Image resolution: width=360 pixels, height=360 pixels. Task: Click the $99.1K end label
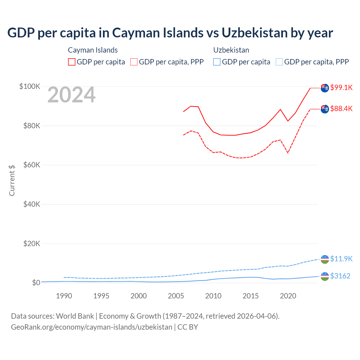coord(341,87)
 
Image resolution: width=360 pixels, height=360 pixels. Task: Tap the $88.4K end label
coord(341,109)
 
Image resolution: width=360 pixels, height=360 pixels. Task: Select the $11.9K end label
coord(341,259)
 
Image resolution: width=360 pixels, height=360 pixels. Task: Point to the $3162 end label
coord(340,276)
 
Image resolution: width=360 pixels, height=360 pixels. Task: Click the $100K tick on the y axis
coord(30,86)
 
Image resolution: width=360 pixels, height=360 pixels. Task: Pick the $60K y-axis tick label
coord(32,165)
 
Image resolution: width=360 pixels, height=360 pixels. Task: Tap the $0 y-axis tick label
coord(36,283)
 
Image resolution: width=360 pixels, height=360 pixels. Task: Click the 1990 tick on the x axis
coord(64,296)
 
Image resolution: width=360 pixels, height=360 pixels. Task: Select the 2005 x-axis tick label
coord(176,296)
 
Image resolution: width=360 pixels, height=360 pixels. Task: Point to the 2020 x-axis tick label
coord(288,296)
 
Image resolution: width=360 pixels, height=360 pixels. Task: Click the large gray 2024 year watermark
coord(71,95)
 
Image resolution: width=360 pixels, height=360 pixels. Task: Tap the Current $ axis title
coord(12,180)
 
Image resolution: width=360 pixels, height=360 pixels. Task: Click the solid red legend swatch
coord(72,62)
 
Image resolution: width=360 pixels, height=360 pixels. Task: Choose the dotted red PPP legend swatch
coord(134,62)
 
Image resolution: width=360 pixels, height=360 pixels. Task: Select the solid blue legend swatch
coord(217,62)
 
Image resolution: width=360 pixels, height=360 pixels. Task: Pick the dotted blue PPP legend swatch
coord(279,62)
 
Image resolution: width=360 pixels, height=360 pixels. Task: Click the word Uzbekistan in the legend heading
coord(231,50)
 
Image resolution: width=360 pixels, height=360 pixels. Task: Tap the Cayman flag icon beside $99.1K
coord(325,88)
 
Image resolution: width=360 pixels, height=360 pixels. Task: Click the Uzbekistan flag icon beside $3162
coord(325,276)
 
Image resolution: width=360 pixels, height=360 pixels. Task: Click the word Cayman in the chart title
coord(132,33)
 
